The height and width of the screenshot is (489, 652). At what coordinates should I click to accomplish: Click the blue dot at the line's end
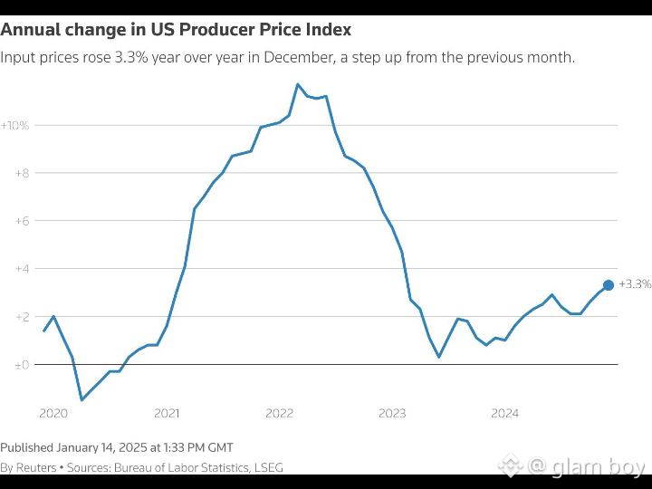coord(609,285)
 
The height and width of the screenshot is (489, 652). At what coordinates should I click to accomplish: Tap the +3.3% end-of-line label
coord(635,284)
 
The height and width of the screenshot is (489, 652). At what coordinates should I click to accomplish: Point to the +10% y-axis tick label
coord(15,126)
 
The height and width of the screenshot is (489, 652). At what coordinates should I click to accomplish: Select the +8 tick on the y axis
coord(22,173)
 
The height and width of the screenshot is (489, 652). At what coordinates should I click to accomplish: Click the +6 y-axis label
coord(22,221)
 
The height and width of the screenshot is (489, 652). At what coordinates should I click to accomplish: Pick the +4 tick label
coord(22,269)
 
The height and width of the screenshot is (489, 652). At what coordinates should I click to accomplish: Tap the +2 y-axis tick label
coord(22,317)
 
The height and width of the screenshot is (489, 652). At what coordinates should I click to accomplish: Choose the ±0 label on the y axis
coord(22,365)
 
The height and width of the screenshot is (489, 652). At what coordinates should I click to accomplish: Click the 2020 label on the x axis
coord(53,413)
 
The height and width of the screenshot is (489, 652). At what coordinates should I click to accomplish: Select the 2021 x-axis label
coord(167,413)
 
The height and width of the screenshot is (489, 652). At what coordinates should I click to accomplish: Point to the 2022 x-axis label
coord(280,413)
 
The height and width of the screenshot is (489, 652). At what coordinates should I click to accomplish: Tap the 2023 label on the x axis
coord(392,413)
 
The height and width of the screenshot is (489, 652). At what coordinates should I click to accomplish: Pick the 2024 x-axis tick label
coord(504,413)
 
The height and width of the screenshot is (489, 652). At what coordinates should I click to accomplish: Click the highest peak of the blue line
coord(298,84)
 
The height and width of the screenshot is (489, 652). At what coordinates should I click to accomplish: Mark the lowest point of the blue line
coord(81,399)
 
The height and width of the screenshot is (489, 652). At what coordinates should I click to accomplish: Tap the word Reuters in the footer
coord(36,468)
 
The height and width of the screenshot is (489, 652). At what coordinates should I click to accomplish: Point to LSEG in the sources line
coord(268,468)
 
